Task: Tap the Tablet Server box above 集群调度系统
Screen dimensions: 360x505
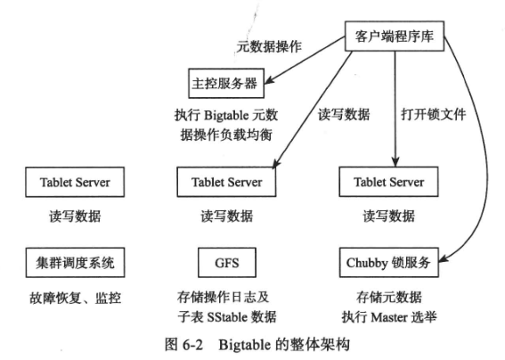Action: pyautogui.click(x=75, y=183)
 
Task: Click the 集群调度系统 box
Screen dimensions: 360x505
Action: pyautogui.click(x=75, y=263)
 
